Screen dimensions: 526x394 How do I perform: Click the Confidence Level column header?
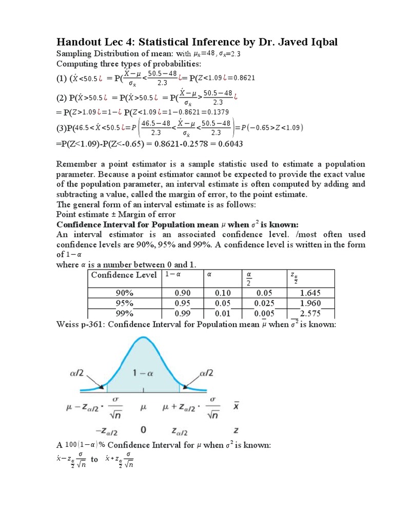(124, 275)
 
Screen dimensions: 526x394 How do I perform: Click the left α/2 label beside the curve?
(77, 371)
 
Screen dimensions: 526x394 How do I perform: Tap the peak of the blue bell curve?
(143, 338)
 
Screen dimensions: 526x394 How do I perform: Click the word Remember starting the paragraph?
(77, 164)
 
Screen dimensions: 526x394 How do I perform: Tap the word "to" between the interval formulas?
(94, 460)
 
